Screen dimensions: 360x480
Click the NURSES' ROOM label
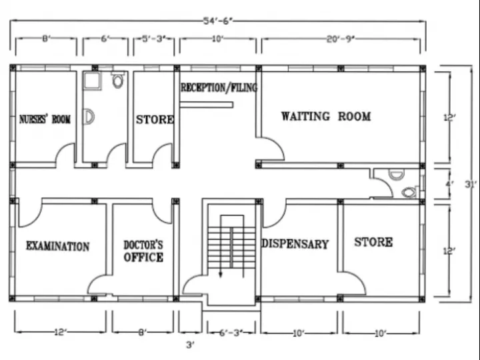[45, 119]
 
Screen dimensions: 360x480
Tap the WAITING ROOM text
[325, 117]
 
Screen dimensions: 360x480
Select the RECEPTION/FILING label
[219, 87]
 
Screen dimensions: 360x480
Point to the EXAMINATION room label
[57, 246]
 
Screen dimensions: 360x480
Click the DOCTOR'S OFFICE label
[143, 251]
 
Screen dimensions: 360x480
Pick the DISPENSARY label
[295, 244]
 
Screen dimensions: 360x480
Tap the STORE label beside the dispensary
[373, 242]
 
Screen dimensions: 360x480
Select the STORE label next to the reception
[155, 120]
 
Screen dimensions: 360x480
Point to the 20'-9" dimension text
[340, 39]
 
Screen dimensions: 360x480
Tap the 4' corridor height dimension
[449, 183]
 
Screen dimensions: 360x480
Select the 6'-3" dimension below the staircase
[219, 331]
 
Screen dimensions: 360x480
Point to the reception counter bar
[206, 105]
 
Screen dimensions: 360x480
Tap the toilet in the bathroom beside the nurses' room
[118, 81]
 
